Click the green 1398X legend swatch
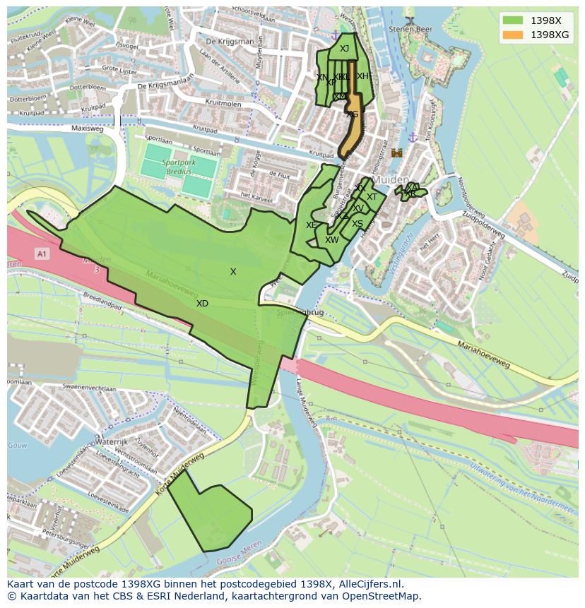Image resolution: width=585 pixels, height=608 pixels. click(513, 21)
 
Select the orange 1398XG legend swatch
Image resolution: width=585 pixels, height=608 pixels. click(513, 35)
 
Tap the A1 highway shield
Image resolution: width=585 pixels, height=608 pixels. click(42, 254)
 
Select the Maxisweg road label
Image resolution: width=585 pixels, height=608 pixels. click(87, 129)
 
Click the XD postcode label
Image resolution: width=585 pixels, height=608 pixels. click(202, 304)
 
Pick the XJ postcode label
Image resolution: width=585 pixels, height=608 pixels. click(344, 49)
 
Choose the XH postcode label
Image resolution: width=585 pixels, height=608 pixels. click(362, 76)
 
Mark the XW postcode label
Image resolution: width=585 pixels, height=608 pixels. click(331, 240)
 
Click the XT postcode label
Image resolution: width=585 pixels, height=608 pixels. click(372, 197)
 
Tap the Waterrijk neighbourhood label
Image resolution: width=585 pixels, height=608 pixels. click(110, 441)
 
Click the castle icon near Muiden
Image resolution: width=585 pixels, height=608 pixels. click(396, 153)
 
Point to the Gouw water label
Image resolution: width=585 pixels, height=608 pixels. click(18, 446)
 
